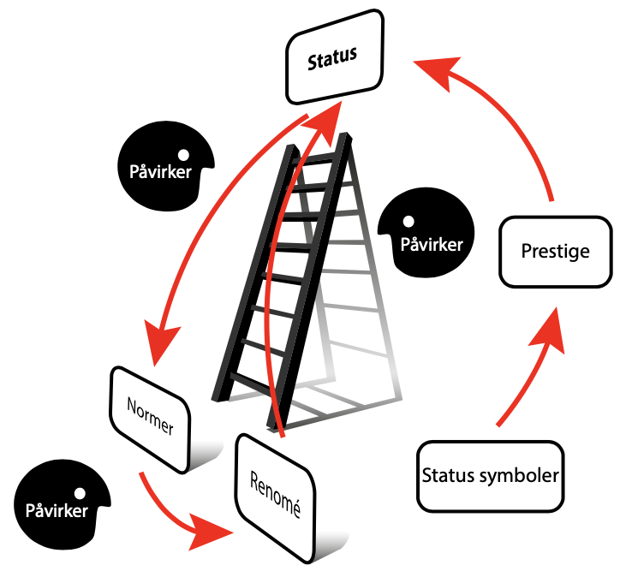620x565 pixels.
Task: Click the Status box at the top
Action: pos(333,57)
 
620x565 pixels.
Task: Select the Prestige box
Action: pos(555,252)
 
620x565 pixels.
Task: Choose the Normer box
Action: pos(150,419)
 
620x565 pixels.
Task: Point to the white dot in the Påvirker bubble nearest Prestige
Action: pos(410,221)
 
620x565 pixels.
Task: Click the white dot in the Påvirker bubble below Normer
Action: pos(80,494)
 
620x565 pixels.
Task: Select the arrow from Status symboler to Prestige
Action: pos(531,368)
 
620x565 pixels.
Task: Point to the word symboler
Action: pos(522,475)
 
